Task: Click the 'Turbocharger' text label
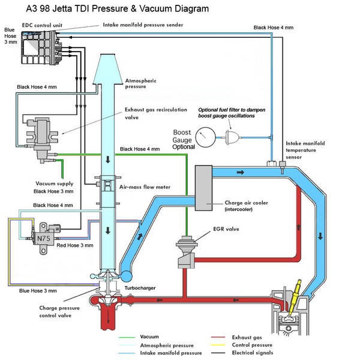pyautogui.click(x=140, y=288)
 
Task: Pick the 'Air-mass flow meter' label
pyautogui.click(x=146, y=187)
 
